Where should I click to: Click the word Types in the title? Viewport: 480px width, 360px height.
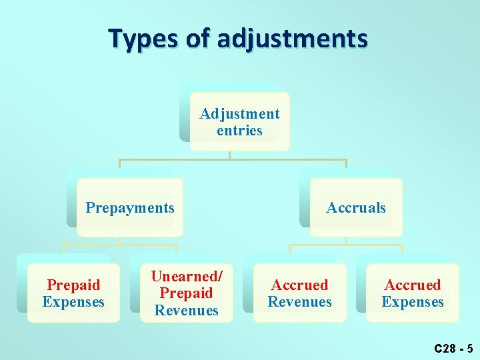click(x=145, y=38)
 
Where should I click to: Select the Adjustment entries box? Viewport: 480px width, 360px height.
click(x=239, y=122)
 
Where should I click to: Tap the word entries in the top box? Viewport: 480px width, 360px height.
click(x=239, y=131)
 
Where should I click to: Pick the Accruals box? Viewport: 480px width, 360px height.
click(x=356, y=207)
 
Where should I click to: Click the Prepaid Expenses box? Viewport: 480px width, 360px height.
click(x=73, y=293)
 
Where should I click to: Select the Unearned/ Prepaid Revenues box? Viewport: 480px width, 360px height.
click(x=187, y=293)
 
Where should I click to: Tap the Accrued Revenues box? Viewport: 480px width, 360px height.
click(x=299, y=293)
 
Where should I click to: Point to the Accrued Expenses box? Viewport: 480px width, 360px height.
click(x=413, y=293)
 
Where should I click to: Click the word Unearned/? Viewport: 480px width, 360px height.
click(x=187, y=276)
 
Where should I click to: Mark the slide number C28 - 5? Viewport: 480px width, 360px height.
click(x=453, y=348)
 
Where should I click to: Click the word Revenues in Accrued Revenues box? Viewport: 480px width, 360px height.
click(x=299, y=302)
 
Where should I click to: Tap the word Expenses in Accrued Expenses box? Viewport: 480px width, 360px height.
click(x=413, y=302)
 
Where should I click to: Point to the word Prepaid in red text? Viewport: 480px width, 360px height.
click(x=73, y=285)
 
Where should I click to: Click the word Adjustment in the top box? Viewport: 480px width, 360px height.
click(x=239, y=114)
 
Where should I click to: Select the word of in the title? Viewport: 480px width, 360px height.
click(x=197, y=38)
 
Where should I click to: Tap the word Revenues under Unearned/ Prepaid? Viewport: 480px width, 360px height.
click(x=187, y=310)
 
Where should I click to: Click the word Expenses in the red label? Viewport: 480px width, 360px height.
click(x=73, y=302)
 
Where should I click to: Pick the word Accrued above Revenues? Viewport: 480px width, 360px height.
click(x=299, y=285)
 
